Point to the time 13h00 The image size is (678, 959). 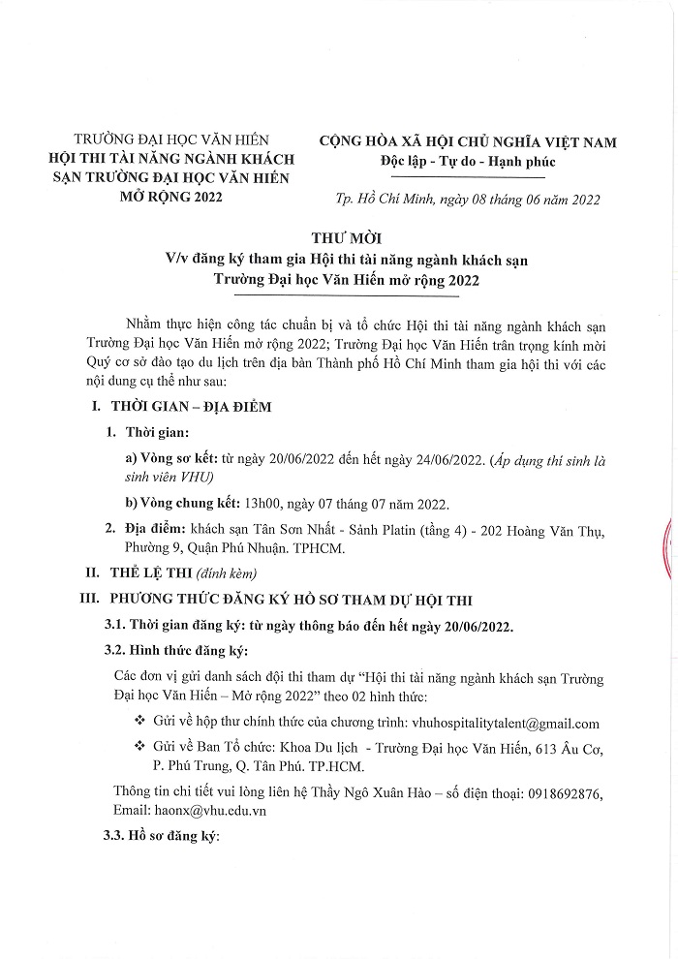pos(263,505)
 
